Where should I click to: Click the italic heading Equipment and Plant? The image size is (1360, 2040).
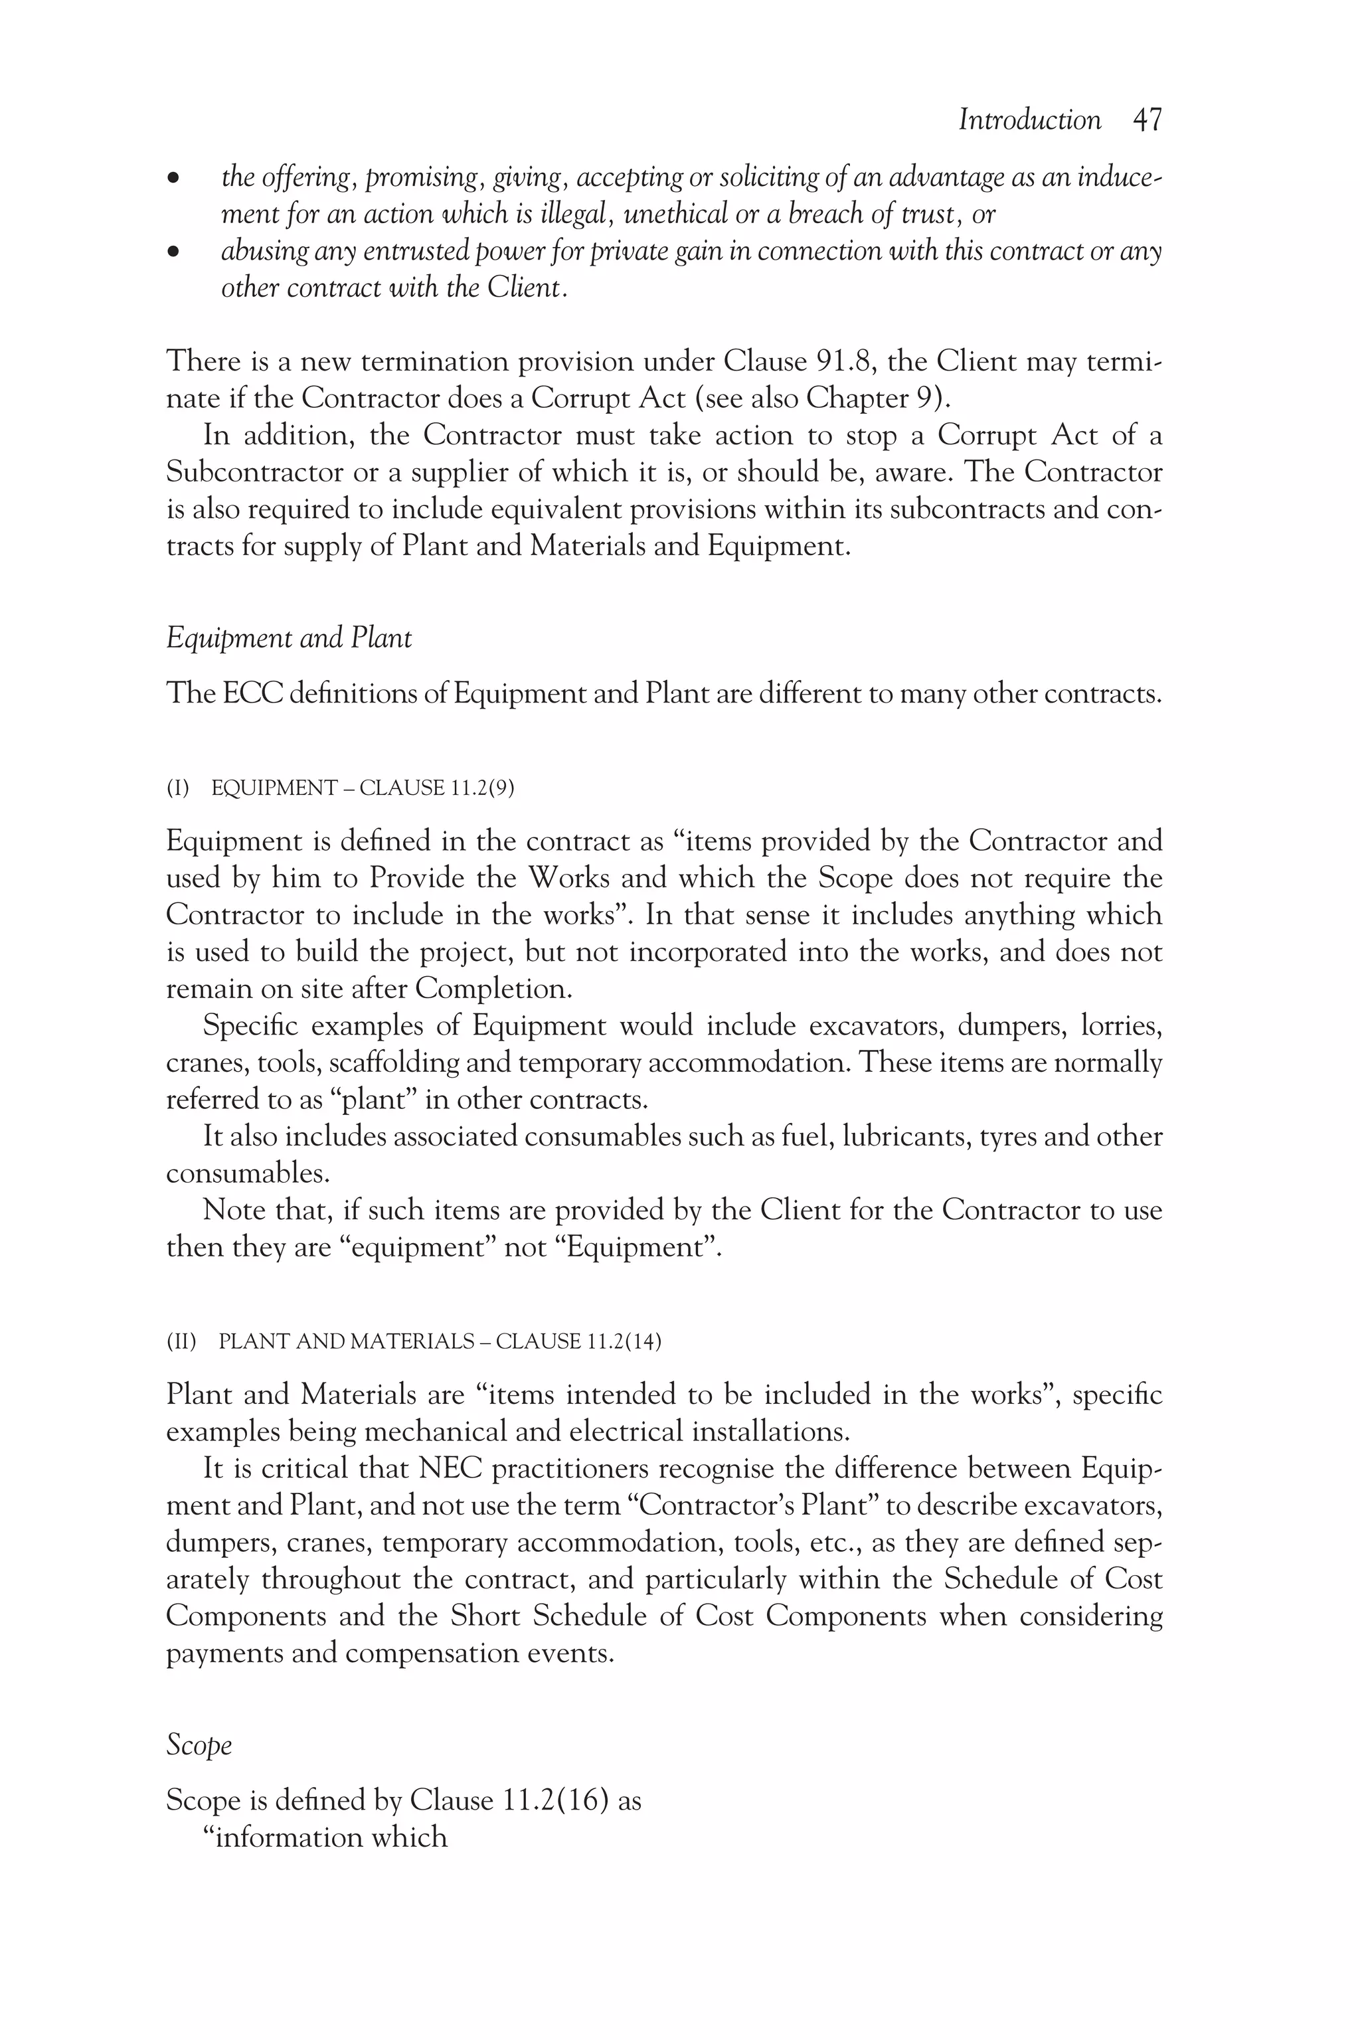(289, 638)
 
